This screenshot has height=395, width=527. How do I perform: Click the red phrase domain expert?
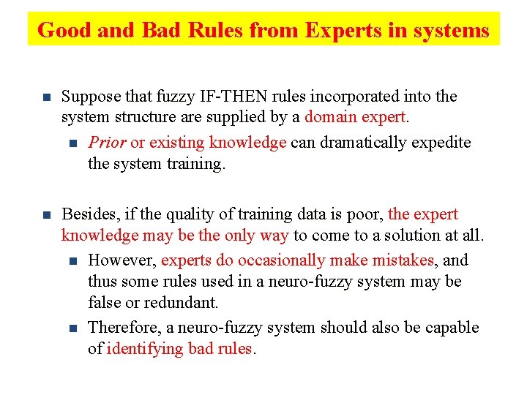point(355,117)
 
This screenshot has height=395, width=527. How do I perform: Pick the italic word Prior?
point(107,143)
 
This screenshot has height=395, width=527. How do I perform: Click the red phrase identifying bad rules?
point(179,348)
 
